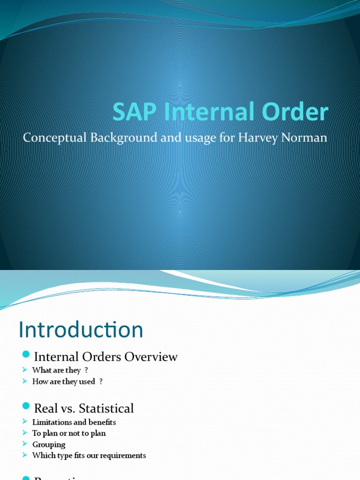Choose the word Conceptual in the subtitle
(52, 138)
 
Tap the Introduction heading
(81, 330)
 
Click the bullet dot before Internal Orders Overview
(26, 354)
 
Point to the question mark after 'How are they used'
(101, 382)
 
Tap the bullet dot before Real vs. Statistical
(26, 406)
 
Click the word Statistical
(107, 408)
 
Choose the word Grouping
(49, 444)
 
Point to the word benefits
(101, 422)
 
